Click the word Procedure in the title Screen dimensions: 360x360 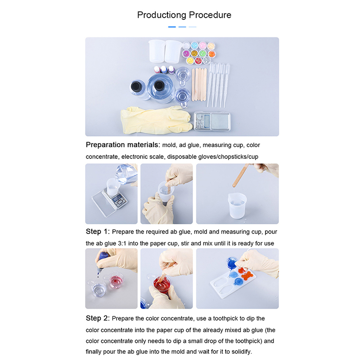[x=210, y=15]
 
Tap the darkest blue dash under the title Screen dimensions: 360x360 [x=172, y=27]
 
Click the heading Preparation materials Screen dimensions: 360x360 [x=123, y=145]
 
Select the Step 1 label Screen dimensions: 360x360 [x=98, y=232]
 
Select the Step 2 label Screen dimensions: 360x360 [x=98, y=319]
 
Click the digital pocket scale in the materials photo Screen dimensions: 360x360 [x=212, y=121]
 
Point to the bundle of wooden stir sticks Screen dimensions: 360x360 [x=199, y=85]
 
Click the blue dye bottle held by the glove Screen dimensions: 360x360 [x=102, y=261]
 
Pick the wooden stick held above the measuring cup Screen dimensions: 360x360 [x=240, y=175]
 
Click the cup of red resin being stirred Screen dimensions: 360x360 [x=162, y=285]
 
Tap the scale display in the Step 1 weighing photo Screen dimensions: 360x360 [x=118, y=198]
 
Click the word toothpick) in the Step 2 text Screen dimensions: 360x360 [x=249, y=341]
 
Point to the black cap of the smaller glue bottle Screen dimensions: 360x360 [x=135, y=86]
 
